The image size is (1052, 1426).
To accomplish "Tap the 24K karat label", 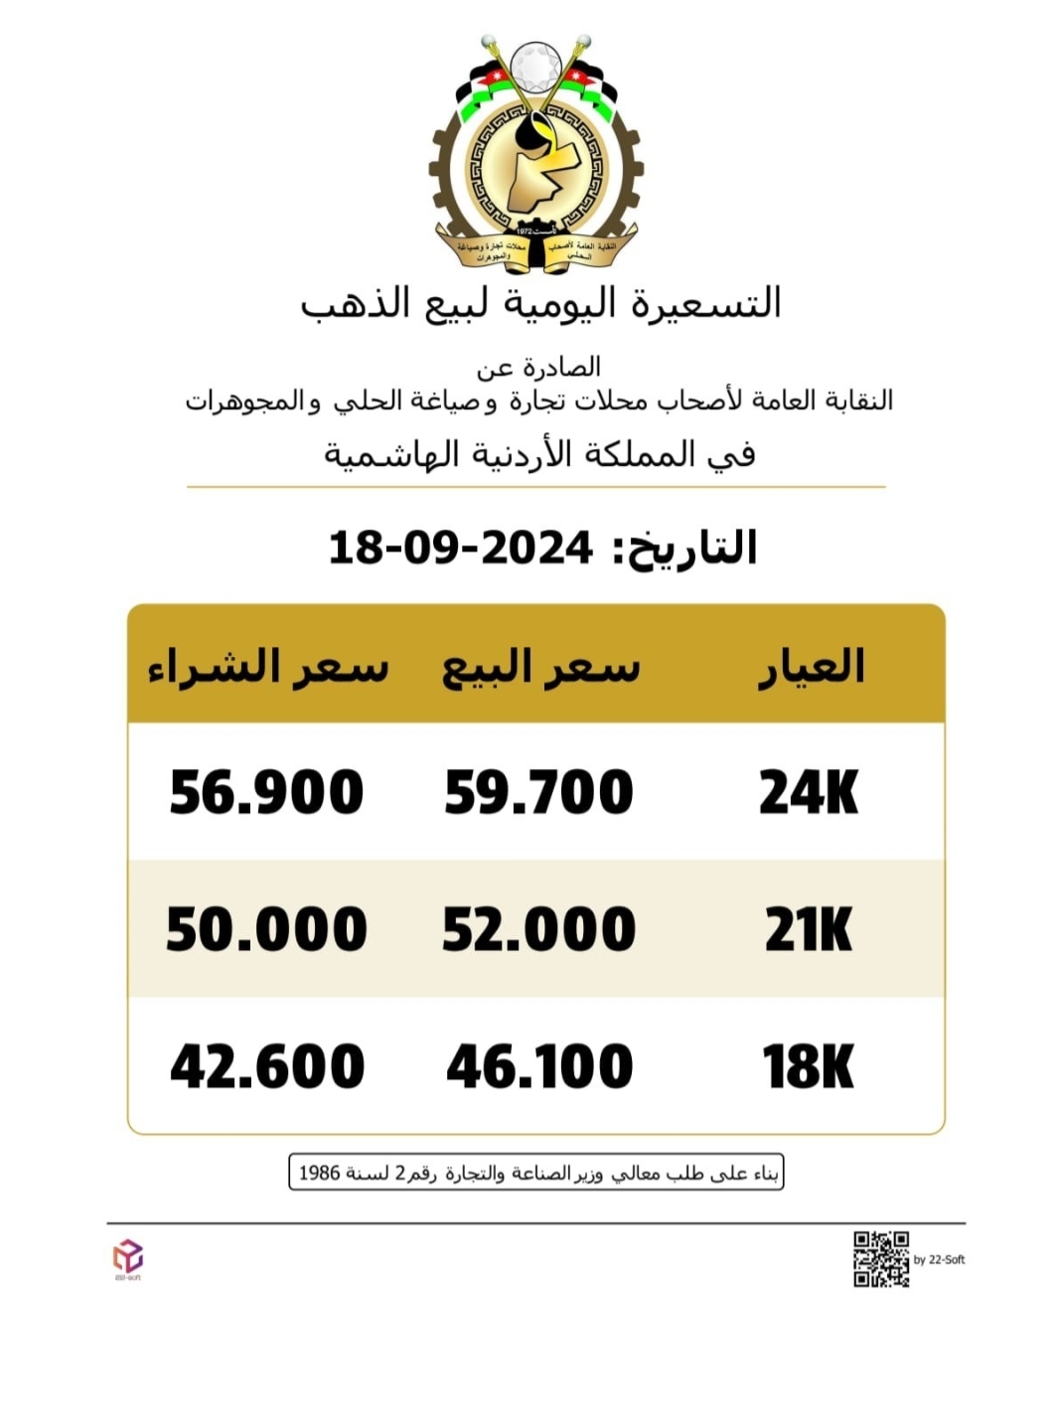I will pos(809,793).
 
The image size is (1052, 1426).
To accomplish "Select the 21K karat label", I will pos(809,930).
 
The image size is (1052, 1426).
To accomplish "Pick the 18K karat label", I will pos(809,1066).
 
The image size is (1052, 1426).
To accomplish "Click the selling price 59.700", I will pos(538,793).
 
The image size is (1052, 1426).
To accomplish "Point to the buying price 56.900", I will pos(266,793).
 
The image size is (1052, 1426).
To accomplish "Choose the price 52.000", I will pos(538,930).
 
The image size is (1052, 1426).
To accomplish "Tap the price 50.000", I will pos(266,930).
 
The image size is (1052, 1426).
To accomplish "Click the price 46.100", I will pos(539,1066).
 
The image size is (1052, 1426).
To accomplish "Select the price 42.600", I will pos(267,1066).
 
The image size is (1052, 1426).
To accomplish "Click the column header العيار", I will pos(812,667).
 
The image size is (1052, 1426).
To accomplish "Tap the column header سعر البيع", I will pos(540,667).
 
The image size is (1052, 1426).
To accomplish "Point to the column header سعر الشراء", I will pos(268,667).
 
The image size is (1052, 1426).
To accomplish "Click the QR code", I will pos(881,1259).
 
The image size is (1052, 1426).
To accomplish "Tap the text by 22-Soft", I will pos(939,1260).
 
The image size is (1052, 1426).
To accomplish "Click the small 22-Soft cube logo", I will pos(127,1257).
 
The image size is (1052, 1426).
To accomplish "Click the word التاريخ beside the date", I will pos(685,548).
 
